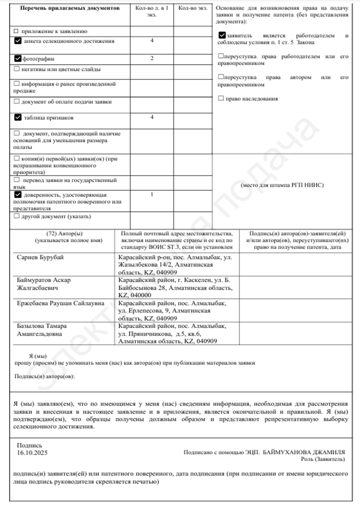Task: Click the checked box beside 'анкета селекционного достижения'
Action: pyautogui.click(x=18, y=41)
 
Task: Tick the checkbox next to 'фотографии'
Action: pyautogui.click(x=18, y=58)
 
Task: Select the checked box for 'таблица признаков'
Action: pyautogui.click(x=18, y=117)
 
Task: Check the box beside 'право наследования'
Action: pyautogui.click(x=221, y=98)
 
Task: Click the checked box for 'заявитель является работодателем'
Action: pyautogui.click(x=222, y=35)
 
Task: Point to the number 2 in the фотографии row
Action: pyautogui.click(x=152, y=58)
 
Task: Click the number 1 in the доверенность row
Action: pyautogui.click(x=152, y=195)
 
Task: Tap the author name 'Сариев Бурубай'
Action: pyautogui.click(x=39, y=257)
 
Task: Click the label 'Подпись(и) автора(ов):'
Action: pyautogui.click(x=43, y=376)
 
